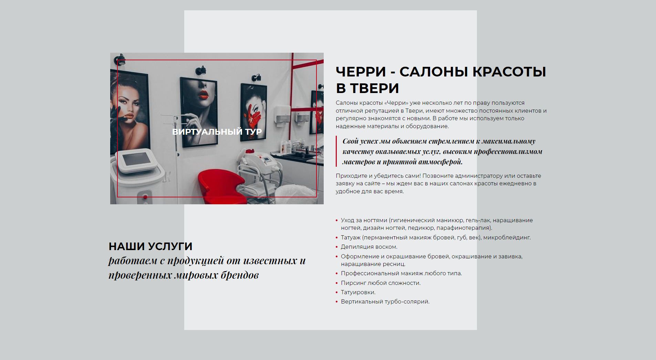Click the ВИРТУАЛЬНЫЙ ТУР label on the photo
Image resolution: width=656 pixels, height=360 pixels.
coord(217,132)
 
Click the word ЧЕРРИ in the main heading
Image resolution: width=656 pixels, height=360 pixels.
coord(361,72)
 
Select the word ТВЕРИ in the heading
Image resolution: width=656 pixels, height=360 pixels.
coord(374,88)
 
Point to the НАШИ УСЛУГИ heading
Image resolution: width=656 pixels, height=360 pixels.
coord(150,246)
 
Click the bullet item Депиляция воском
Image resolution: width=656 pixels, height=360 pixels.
coord(369,247)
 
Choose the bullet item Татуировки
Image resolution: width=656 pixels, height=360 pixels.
coord(358,292)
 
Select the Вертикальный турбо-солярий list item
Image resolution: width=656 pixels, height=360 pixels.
coord(385,301)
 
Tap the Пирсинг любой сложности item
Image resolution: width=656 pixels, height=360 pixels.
coord(381,283)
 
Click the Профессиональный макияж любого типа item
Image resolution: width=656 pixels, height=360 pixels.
coord(402,273)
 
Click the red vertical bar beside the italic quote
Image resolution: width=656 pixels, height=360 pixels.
coord(336,151)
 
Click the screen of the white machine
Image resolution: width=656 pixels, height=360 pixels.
coord(135,160)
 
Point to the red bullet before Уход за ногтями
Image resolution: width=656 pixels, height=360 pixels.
coord(337,220)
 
